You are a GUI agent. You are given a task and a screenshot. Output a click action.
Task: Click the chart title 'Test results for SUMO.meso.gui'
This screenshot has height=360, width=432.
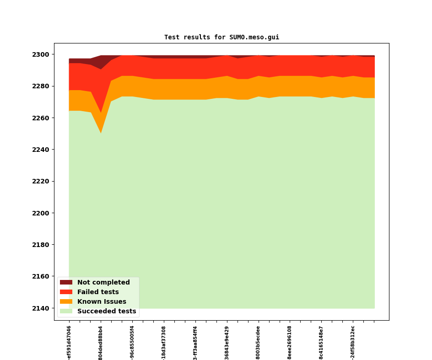(221, 38)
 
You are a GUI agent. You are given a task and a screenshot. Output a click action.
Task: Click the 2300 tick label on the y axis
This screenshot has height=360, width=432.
(41, 54)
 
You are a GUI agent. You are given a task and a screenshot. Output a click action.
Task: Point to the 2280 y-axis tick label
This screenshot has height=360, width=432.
(41, 86)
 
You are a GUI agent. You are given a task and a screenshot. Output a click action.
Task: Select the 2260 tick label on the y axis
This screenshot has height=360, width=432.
(41, 118)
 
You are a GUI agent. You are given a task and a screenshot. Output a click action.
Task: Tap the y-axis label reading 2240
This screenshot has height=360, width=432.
(41, 150)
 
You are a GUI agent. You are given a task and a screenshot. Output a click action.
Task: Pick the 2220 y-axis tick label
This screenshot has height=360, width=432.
(41, 182)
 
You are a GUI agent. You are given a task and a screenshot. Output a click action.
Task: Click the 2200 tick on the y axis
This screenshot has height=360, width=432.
(41, 213)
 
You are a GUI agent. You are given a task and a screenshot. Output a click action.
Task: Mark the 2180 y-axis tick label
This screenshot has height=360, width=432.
(41, 245)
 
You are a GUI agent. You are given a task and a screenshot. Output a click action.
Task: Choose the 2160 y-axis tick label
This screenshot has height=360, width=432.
(41, 277)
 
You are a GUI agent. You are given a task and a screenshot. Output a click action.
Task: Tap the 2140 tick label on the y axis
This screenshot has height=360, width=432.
(41, 308)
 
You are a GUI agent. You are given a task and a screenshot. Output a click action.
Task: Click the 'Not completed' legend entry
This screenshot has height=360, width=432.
(103, 283)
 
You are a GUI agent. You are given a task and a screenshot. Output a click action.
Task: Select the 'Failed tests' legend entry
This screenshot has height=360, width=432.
(97, 292)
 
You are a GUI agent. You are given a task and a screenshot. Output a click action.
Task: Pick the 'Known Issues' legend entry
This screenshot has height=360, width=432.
(101, 302)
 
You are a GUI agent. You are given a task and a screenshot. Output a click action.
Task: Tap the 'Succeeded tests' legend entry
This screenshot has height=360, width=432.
(106, 312)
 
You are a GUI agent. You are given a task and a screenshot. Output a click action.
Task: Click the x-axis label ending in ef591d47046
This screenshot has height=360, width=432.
(69, 342)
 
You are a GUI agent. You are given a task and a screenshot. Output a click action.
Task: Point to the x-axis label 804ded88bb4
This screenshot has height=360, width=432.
(101, 343)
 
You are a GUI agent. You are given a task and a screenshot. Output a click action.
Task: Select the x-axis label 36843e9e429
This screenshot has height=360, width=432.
(227, 343)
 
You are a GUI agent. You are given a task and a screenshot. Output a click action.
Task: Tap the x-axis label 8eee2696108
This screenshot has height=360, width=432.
(290, 343)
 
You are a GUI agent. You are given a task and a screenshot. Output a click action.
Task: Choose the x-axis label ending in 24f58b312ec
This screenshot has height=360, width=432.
(353, 342)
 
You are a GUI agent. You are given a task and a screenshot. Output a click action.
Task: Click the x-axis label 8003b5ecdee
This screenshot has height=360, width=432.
(258, 343)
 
